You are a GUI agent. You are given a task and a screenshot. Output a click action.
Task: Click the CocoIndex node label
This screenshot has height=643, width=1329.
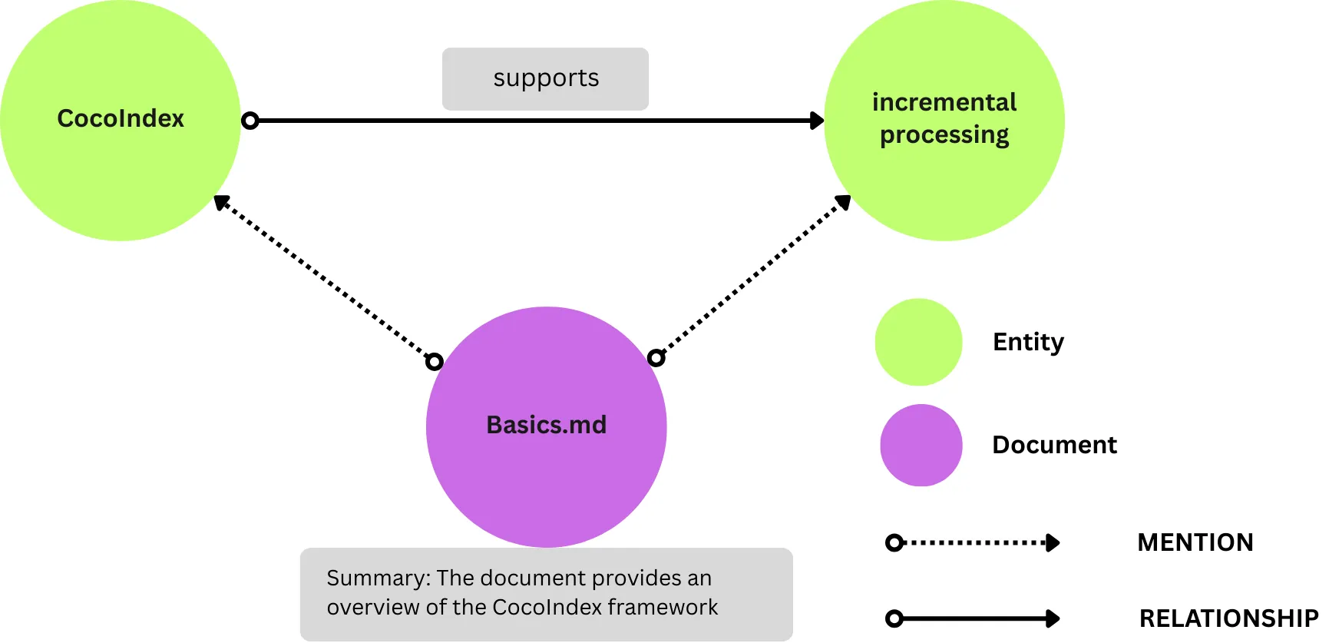(x=121, y=118)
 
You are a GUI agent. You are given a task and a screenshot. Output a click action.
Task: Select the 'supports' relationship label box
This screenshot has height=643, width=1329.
(x=545, y=78)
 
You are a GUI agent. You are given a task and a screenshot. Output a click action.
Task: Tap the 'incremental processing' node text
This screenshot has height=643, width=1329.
(x=944, y=118)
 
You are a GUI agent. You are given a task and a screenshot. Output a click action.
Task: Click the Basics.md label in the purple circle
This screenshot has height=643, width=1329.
(x=546, y=425)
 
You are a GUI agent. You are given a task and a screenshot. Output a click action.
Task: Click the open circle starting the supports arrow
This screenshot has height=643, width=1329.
(x=250, y=121)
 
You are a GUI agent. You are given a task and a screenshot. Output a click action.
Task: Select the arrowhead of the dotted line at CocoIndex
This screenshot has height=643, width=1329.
(x=222, y=203)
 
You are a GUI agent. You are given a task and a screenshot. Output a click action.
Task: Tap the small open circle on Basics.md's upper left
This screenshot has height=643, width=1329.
(x=435, y=361)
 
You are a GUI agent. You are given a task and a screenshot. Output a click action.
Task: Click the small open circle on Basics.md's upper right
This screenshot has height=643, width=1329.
(x=656, y=357)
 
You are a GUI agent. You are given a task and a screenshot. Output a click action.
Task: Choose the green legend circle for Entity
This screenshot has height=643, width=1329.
(x=918, y=342)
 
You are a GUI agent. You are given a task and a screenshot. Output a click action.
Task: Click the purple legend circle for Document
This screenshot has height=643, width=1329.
(x=921, y=446)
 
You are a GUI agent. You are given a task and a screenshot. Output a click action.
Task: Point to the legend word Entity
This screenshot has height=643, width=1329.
(x=1028, y=342)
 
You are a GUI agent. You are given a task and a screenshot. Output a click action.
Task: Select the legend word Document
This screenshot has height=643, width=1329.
(x=1054, y=445)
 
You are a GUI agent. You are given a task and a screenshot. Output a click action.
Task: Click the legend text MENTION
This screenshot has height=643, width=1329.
(x=1195, y=542)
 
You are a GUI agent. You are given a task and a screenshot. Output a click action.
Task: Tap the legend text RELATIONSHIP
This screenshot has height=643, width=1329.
(x=1228, y=618)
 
